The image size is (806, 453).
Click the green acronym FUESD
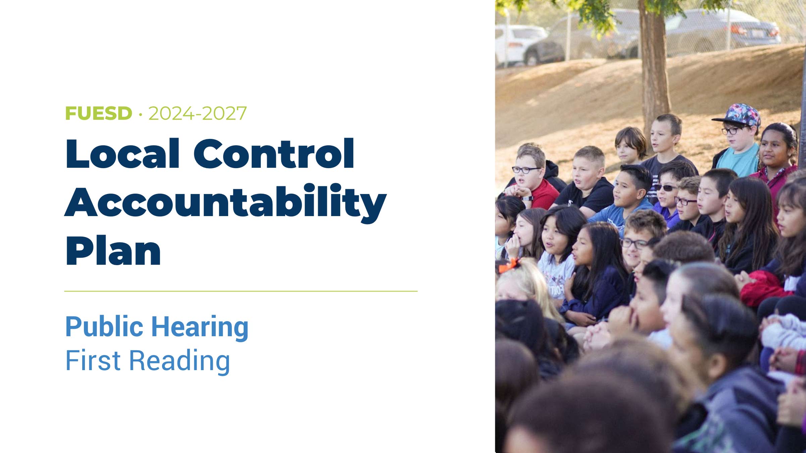click(x=99, y=113)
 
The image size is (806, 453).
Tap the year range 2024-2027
click(x=197, y=113)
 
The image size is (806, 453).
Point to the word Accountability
click(x=225, y=203)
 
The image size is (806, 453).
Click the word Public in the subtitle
click(x=104, y=326)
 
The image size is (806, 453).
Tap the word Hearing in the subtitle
click(x=200, y=328)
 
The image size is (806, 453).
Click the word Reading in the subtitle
click(x=180, y=362)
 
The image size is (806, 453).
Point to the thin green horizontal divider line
click(x=241, y=291)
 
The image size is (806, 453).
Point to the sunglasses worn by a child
click(x=666, y=188)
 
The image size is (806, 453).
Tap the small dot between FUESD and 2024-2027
click(x=140, y=115)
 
